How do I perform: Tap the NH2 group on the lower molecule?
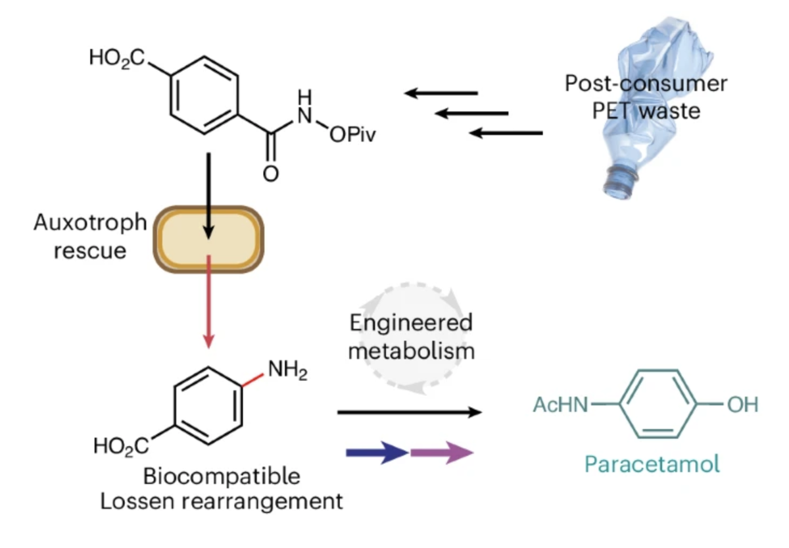287,373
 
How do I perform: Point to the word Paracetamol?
652,464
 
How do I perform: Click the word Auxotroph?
90,222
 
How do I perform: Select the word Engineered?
411,323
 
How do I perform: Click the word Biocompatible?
222,476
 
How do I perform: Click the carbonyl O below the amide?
270,174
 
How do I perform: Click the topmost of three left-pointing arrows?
441,93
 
